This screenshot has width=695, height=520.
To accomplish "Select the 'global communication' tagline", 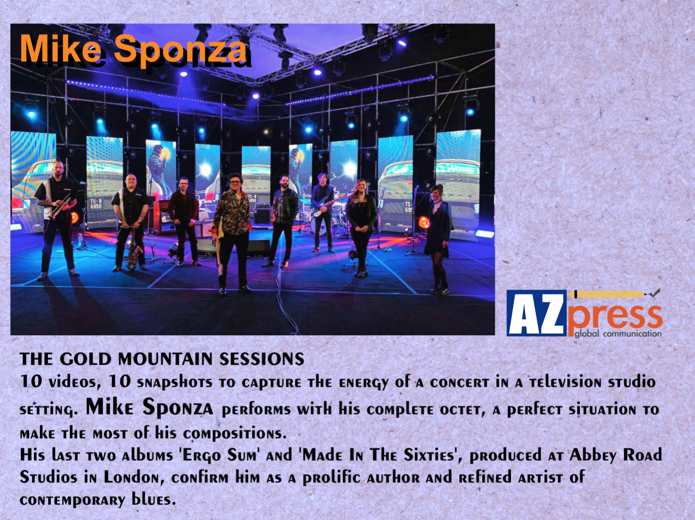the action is tap(618, 333).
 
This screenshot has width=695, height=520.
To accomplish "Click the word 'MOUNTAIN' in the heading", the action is tap(166, 359).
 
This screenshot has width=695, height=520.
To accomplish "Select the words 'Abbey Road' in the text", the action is tap(616, 455).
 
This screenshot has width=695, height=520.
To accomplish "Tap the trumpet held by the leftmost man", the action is tap(61, 206).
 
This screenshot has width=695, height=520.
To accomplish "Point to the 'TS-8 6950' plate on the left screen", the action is tap(96, 204).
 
